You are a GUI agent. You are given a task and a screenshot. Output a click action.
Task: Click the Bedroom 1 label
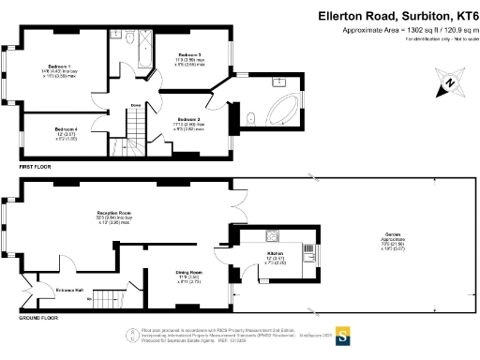59,67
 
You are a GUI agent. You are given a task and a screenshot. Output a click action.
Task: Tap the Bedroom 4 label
65,128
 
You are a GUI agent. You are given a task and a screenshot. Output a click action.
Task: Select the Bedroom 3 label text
189,56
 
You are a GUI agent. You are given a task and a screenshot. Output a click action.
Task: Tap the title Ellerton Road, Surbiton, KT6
397,15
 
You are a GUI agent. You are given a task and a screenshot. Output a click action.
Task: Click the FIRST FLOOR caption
37,167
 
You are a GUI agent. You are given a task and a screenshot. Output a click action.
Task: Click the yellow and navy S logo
343,337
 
